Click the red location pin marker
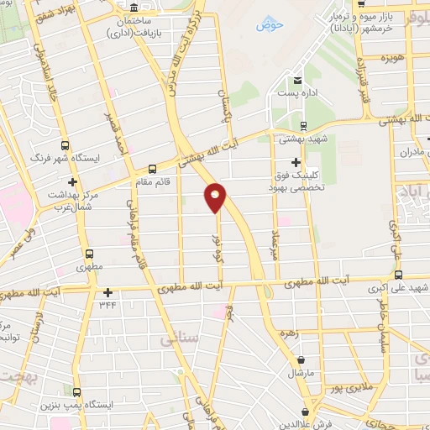(x=216, y=197)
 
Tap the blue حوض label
(x=270, y=25)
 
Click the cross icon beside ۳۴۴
(x=107, y=293)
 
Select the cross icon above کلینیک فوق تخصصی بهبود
(x=295, y=162)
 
